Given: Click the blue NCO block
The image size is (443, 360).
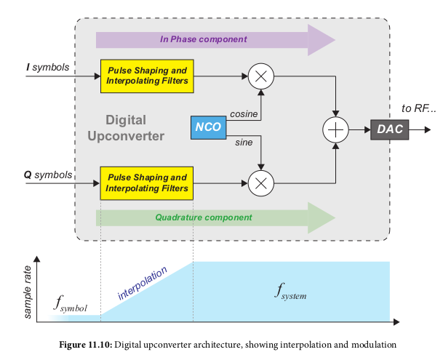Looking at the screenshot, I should coord(207,128).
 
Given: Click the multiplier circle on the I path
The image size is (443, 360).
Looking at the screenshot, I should coord(260,76).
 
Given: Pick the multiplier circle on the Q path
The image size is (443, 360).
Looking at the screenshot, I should coord(260,182).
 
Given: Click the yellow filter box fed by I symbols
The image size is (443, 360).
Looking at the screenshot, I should coord(147,76).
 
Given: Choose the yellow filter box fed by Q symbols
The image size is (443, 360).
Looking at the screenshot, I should coord(147,183).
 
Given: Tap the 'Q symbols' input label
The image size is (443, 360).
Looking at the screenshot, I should coord(48,175).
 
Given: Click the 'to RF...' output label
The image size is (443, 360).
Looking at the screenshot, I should coord(418,109).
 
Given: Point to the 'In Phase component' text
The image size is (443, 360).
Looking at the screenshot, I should coord(203,39).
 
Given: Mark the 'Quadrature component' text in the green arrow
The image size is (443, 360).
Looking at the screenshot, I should coord(204,217).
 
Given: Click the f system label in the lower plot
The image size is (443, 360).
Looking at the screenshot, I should coord(291,292).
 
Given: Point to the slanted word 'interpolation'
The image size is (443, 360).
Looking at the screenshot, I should coord(143,284).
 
